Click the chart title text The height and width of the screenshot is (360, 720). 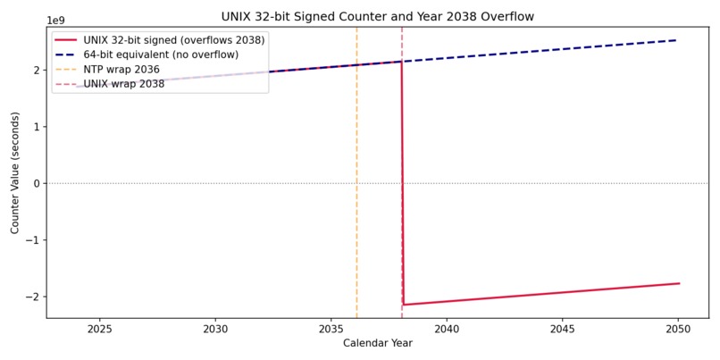tap(378, 17)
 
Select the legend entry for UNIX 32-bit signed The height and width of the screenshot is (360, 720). tap(160, 40)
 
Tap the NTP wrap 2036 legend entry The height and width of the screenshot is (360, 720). tap(108, 70)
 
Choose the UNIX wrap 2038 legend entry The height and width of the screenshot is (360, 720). tap(110, 84)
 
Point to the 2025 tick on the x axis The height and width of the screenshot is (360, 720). tap(100, 330)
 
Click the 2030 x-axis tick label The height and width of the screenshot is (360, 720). tap(215, 330)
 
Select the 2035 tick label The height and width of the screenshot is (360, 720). tap(331, 330)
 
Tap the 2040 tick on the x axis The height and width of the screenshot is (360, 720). tap(447, 330)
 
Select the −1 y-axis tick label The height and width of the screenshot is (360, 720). tap(36, 239)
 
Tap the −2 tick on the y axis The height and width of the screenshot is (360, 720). tap(36, 297)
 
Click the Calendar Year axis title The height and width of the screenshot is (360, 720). tap(378, 343)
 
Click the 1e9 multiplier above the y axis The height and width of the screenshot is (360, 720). tap(56, 21)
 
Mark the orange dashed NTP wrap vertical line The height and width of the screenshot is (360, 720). tap(356, 172)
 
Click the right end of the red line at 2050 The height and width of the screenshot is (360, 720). tap(679, 283)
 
